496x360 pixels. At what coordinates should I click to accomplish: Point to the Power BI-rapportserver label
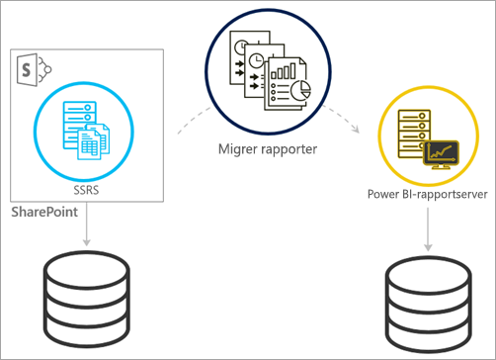pos(428,193)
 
